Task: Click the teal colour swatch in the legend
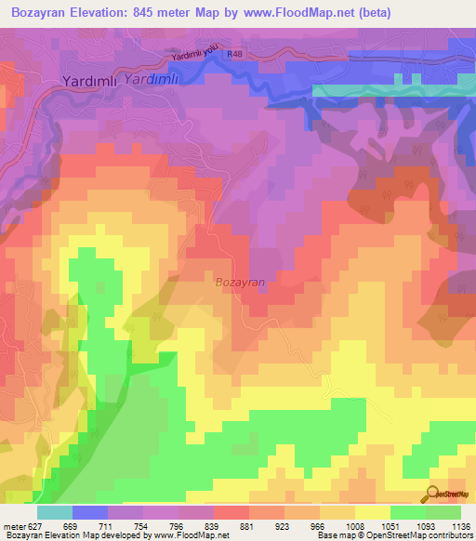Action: pyautogui.click(x=55, y=512)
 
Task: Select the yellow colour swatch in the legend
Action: pyautogui.click(x=373, y=512)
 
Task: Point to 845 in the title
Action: pyautogui.click(x=146, y=13)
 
